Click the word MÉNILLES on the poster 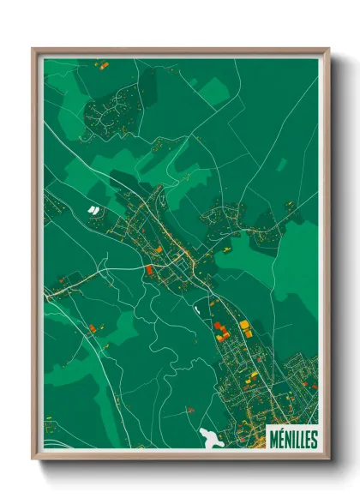292,439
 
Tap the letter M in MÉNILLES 273,439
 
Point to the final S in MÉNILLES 314,439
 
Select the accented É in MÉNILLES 280,439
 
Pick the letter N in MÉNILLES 287,439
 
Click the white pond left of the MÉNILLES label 208,436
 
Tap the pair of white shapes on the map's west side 93,208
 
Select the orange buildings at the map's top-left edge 100,63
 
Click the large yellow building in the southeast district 244,325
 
